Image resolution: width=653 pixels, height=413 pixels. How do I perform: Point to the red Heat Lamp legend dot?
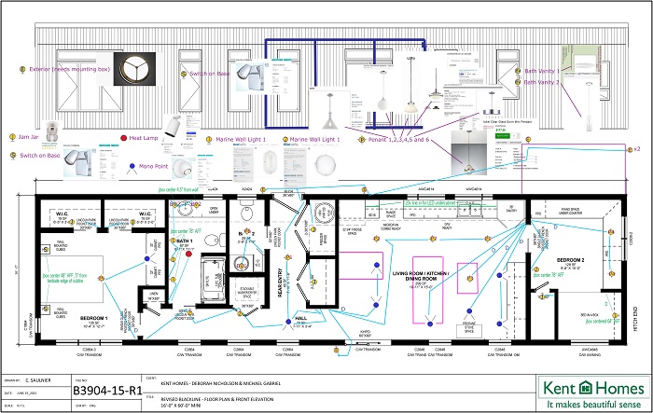click(124, 137)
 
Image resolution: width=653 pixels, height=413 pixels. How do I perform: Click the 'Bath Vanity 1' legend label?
click(542, 71)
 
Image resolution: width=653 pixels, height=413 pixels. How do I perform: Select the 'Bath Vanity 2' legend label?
click(542, 82)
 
